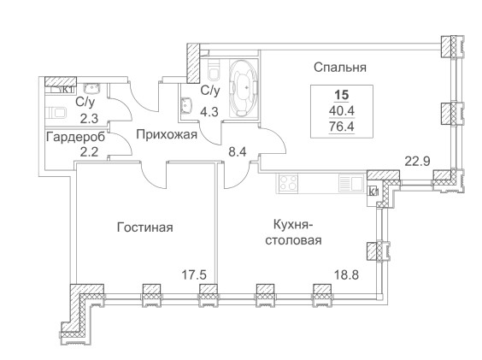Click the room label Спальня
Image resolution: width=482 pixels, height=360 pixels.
click(x=340, y=67)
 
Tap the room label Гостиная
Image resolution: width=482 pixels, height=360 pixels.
click(x=145, y=227)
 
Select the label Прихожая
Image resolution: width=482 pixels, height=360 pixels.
click(x=167, y=135)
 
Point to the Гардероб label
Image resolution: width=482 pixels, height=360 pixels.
click(x=75, y=137)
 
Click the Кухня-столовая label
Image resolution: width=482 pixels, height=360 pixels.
click(x=293, y=233)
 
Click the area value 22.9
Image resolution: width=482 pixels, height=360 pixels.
click(x=417, y=162)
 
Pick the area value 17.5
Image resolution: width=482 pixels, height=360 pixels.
click(x=194, y=274)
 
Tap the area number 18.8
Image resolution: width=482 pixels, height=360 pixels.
click(x=346, y=274)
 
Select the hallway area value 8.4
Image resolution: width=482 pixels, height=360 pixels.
click(x=238, y=151)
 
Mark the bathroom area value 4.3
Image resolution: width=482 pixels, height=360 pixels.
click(x=209, y=112)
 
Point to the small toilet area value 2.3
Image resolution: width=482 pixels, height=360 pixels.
click(x=89, y=118)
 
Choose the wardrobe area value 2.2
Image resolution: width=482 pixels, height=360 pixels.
click(x=89, y=151)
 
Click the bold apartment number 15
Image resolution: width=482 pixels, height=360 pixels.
click(x=342, y=95)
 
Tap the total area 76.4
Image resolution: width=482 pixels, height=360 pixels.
click(x=342, y=127)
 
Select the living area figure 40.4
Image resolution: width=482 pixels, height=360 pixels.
click(x=342, y=111)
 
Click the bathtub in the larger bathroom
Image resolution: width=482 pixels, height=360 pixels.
click(x=244, y=88)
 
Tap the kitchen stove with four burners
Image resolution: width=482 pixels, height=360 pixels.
click(x=288, y=183)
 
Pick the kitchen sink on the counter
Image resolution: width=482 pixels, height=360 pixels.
click(x=351, y=183)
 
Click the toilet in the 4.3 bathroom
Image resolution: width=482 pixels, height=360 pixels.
click(x=214, y=70)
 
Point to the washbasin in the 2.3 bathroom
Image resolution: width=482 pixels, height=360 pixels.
click(x=92, y=88)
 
